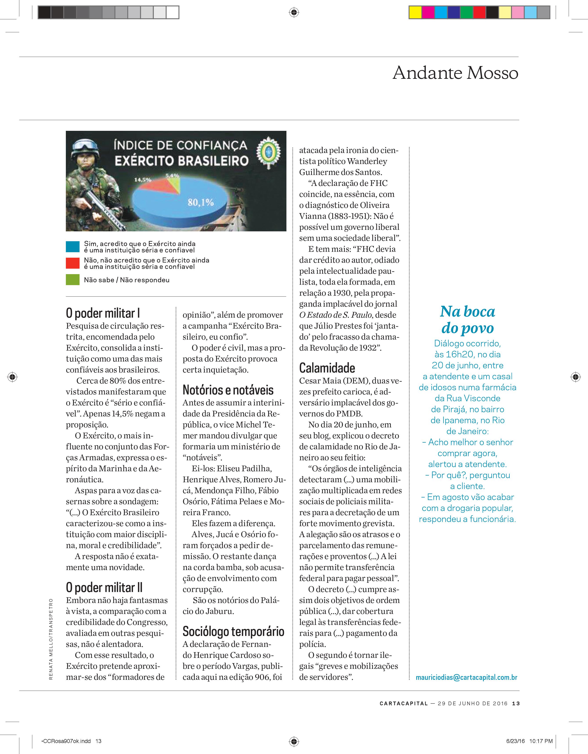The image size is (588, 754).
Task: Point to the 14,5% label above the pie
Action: [143, 180]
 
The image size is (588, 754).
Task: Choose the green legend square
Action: [72, 280]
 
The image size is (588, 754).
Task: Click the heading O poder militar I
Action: [103, 313]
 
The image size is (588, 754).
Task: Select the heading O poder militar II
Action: [104, 587]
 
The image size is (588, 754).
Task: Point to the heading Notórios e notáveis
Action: [228, 390]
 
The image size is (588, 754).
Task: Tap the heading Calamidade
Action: [327, 368]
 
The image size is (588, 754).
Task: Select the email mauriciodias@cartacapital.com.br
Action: [466, 677]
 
